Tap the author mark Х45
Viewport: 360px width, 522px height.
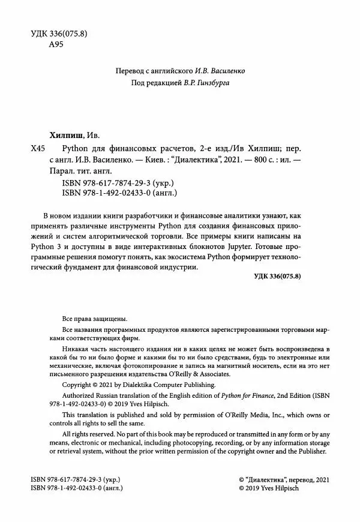click(x=37, y=148)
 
